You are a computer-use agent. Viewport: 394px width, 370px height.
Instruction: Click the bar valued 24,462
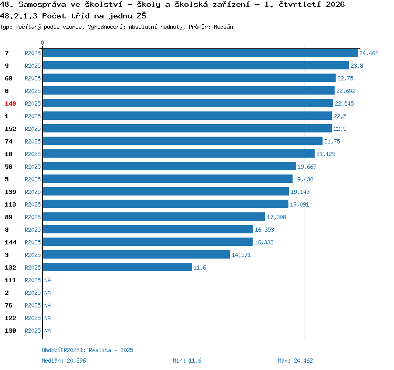[200, 53]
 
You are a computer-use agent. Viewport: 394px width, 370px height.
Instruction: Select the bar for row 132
[117, 267]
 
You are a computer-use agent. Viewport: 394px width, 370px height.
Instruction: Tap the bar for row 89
[154, 217]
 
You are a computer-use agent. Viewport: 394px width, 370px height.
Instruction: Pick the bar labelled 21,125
[179, 153]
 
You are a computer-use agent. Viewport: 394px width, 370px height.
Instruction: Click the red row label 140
[11, 104]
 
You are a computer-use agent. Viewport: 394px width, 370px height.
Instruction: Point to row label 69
[8, 78]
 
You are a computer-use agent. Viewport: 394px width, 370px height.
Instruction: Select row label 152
[11, 129]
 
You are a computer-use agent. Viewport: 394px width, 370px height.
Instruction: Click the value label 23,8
[357, 66]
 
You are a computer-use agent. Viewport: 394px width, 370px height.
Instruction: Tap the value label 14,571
[241, 255]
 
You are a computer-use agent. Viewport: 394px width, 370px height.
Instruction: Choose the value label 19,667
[307, 167]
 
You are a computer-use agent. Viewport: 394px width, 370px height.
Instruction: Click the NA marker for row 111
[47, 280]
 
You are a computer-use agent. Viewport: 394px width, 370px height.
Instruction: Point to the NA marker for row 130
[47, 331]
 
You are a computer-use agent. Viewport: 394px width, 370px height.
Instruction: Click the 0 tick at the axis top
[42, 43]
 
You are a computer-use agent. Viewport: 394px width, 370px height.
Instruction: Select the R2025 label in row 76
[33, 305]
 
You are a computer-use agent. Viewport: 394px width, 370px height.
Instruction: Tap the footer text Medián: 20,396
[64, 361]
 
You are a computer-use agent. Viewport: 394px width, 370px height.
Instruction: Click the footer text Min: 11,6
[187, 361]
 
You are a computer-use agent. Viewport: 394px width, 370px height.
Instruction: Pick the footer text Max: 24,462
[295, 361]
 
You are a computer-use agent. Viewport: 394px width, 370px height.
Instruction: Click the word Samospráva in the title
[42, 5]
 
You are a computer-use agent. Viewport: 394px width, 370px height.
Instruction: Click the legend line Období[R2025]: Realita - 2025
[87, 350]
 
